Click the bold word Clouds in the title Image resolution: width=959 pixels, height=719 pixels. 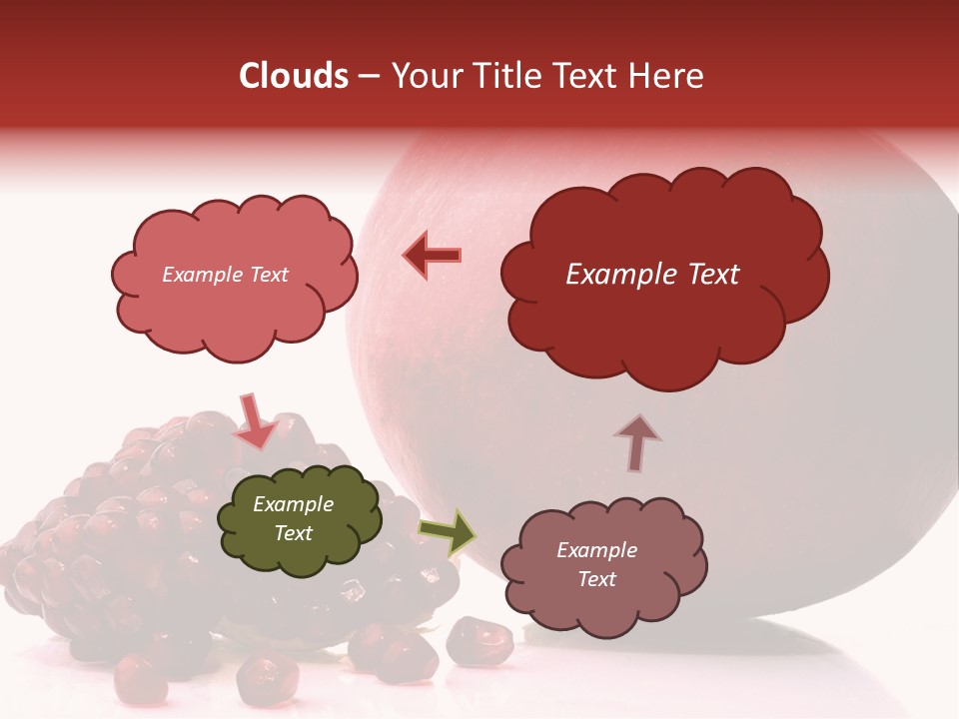pos(294,76)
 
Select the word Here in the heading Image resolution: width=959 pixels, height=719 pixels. pos(666,76)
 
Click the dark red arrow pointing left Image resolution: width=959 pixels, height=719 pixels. pos(432,255)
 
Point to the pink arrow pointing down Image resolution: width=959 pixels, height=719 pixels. pos(255,420)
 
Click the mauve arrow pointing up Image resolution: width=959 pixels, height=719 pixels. pos(636,442)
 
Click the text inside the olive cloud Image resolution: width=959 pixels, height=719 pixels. pos(294,519)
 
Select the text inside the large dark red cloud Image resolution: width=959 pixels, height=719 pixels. pos(652,275)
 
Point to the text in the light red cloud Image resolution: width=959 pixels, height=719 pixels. pos(225,275)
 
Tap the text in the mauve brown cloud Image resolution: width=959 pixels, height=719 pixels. pos(596,564)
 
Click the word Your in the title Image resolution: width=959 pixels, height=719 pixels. pos(423,76)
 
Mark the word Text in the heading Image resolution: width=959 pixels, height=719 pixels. pos(586,76)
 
